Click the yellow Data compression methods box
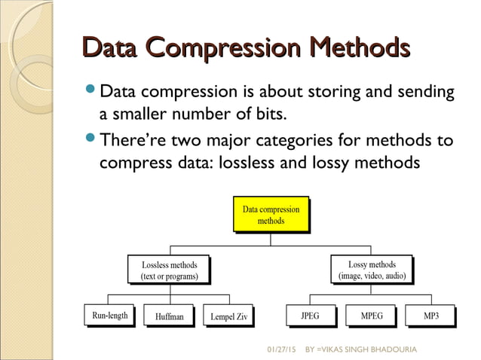[x=271, y=215]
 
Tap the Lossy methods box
[x=372, y=270]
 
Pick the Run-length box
[x=109, y=316]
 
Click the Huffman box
[x=169, y=316]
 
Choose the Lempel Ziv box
[x=228, y=316]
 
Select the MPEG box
[x=372, y=316]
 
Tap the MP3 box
[x=431, y=316]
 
